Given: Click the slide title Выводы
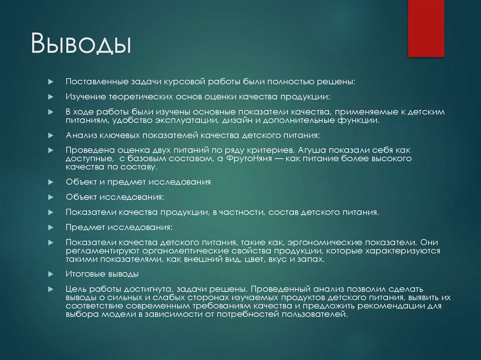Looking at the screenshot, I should (81, 45).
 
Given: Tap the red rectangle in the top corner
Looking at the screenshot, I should (426, 28).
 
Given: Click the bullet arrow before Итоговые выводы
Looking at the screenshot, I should (51, 274).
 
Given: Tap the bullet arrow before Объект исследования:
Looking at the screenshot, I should (51, 197).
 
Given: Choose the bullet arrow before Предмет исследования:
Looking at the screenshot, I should (51, 227).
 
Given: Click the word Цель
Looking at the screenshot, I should (75, 289).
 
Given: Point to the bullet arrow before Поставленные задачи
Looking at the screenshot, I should (51, 81).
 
